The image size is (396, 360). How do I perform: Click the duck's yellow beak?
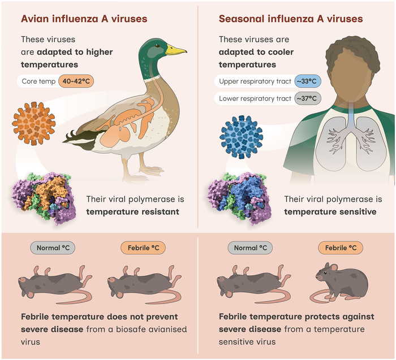pos(176,50)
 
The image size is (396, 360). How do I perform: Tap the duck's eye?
pos(157,46)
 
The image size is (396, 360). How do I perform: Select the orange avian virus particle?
pos(33,124)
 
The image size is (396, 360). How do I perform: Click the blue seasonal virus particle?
pos(241,137)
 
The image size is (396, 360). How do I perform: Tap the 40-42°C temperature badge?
pos(76,81)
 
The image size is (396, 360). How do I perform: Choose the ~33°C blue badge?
pos(308,81)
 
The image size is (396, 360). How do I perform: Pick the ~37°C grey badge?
pos(308,98)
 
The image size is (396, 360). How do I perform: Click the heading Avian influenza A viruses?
pos(84,19)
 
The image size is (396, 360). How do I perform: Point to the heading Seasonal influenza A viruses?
pos(291,19)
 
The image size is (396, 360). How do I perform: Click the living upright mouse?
pos(339,283)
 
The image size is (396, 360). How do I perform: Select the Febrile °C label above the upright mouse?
pos(341,248)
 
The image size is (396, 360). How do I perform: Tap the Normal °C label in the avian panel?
pos(53,248)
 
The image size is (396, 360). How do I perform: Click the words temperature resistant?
pos(132,212)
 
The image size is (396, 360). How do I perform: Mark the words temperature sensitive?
pos(330,212)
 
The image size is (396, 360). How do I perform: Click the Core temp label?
pos(38,81)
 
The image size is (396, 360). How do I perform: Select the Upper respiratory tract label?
pos(255,81)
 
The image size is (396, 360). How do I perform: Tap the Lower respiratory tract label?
pos(255,98)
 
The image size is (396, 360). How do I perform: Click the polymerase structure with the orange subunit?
pos(44,198)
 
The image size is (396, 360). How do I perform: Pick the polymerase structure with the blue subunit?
pos(239,198)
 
